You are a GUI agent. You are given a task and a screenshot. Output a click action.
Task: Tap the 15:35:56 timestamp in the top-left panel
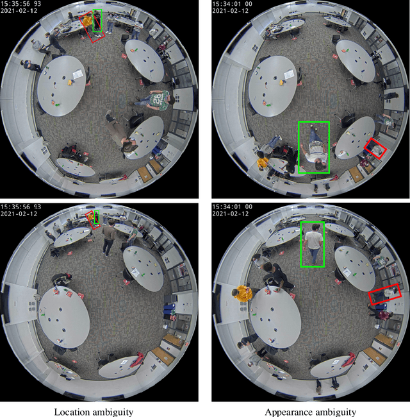[15, 4]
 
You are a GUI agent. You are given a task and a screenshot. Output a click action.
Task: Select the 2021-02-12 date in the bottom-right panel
[230, 213]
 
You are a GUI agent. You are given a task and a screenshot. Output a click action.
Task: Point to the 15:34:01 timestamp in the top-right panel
[227, 4]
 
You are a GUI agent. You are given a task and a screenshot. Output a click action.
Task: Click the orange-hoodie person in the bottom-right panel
[242, 293]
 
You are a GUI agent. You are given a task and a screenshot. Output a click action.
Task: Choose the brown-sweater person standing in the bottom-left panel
[108, 237]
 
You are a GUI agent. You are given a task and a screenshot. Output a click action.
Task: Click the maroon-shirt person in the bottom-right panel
[381, 315]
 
